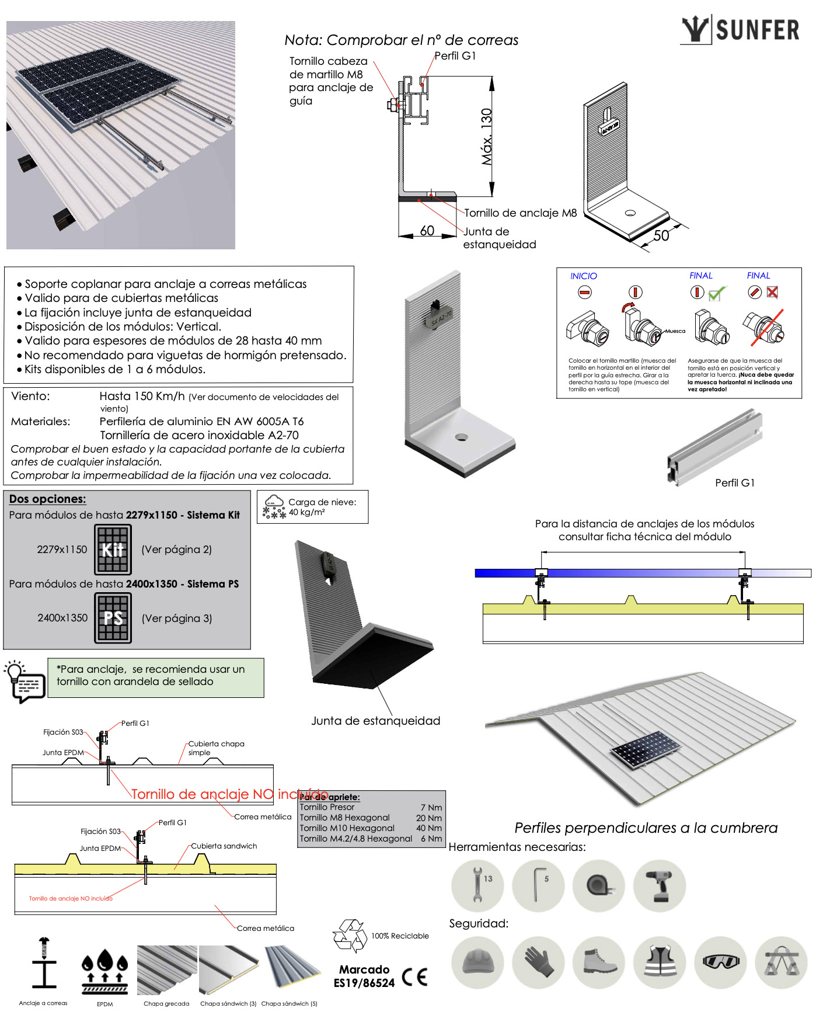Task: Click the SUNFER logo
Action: coord(740,29)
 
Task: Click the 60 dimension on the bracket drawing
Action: coord(427,231)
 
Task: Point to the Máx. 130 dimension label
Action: coord(487,137)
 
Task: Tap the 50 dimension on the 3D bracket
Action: coord(661,235)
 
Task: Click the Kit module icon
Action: coord(113,550)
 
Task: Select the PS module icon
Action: coord(113,618)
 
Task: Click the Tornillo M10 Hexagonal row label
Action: coord(347,828)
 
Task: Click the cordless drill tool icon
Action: coord(660,885)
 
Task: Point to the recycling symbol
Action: coord(349,936)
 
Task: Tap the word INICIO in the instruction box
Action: coord(583,276)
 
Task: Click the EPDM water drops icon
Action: coord(104,971)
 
